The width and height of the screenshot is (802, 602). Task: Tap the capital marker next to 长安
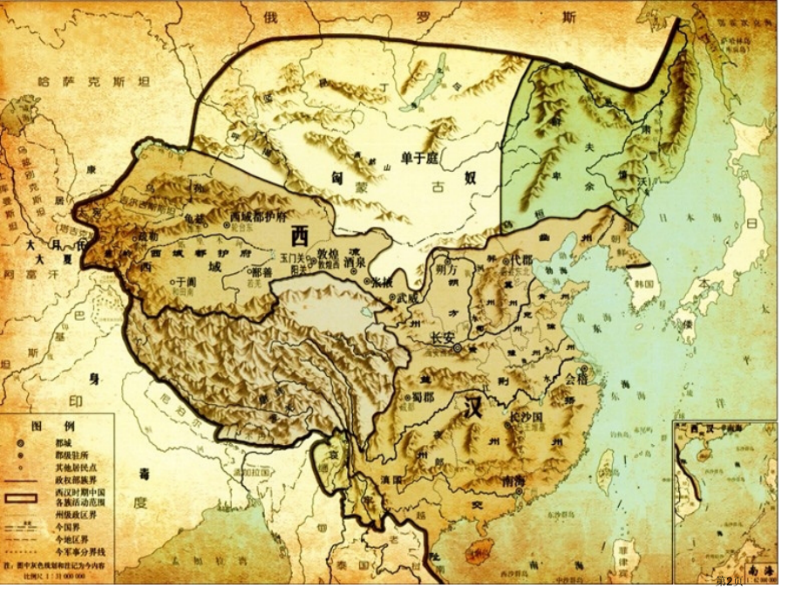coord(456,347)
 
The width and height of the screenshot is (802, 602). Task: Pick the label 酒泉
coord(353,261)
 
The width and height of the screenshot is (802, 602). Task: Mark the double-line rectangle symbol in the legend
coord(21,498)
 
